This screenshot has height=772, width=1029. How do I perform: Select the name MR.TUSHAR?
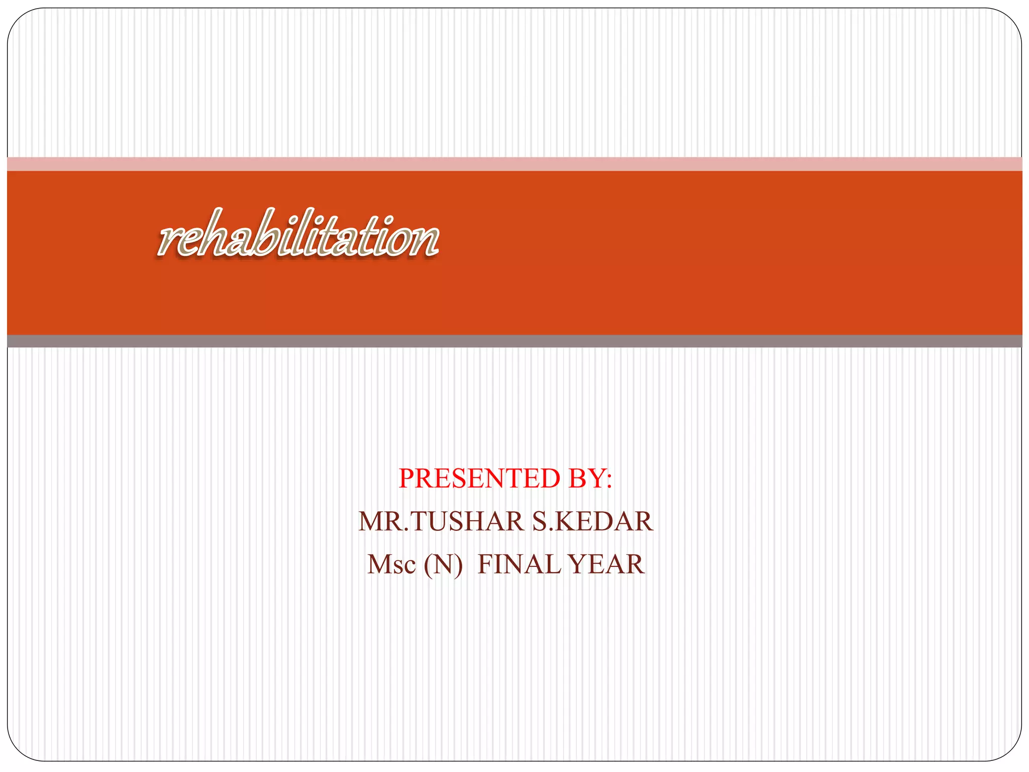coord(441,521)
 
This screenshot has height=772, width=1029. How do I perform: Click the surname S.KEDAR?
coord(592,521)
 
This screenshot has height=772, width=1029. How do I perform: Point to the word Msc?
coord(391,564)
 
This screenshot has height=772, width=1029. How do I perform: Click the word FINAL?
coord(519,564)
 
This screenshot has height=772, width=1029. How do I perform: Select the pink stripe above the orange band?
coord(514,164)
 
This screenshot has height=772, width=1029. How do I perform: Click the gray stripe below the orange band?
coord(514,341)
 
